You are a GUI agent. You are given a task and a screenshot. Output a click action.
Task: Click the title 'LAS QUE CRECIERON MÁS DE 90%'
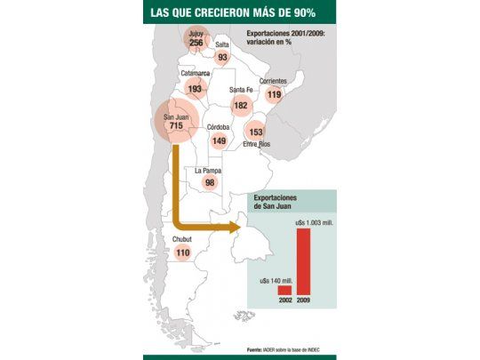[240, 12]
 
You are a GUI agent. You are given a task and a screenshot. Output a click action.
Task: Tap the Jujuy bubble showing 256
[196, 41]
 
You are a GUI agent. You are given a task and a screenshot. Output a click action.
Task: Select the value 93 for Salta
[221, 57]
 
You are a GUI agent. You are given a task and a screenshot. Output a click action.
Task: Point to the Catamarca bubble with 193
[196, 89]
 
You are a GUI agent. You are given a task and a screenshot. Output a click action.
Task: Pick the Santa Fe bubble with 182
[240, 105]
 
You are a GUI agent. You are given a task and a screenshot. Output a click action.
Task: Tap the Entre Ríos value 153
[256, 131]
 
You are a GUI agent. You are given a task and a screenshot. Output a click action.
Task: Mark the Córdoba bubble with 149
[219, 140]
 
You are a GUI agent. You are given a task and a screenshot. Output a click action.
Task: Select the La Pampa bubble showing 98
[210, 182]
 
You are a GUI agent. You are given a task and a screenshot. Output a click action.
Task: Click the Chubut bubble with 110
[183, 252]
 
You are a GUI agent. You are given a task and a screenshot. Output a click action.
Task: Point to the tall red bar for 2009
[303, 261]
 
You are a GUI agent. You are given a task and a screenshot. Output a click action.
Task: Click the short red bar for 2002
[284, 290]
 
